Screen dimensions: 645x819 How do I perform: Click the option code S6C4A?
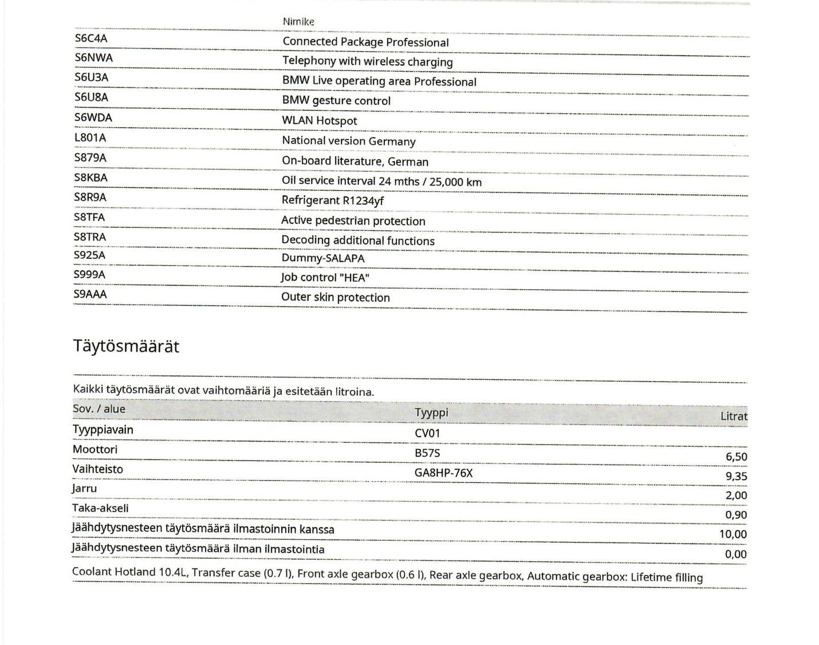click(x=91, y=38)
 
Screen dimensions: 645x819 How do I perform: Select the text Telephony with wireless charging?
click(x=367, y=61)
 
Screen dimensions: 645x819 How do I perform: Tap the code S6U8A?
click(x=91, y=97)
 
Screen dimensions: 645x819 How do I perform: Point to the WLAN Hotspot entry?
click(x=319, y=121)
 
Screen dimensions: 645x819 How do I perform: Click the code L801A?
click(x=90, y=138)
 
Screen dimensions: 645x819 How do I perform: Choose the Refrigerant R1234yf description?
click(x=332, y=200)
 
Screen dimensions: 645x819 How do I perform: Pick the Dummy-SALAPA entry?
click(x=322, y=258)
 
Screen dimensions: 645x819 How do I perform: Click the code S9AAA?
click(x=90, y=294)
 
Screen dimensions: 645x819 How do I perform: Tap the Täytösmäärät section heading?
click(x=126, y=347)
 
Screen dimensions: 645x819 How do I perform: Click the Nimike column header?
click(x=298, y=22)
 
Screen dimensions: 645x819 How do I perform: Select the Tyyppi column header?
click(x=431, y=412)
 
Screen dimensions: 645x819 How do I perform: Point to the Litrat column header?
click(x=734, y=416)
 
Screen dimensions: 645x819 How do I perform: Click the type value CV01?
click(x=427, y=434)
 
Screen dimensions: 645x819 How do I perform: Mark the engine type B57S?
click(x=427, y=454)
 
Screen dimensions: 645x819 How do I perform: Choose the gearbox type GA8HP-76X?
click(x=443, y=473)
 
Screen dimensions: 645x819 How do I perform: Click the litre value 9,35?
click(x=736, y=476)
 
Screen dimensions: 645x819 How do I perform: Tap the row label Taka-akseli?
click(x=100, y=508)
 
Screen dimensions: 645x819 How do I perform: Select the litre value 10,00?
click(x=733, y=534)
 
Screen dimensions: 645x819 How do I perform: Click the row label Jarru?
click(x=84, y=489)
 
